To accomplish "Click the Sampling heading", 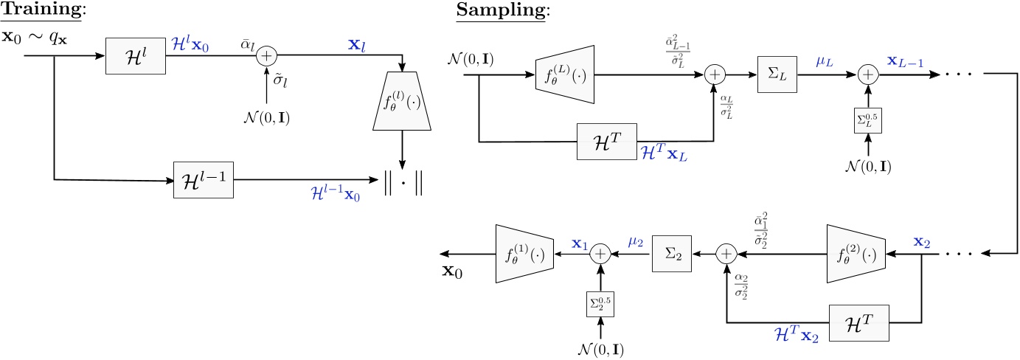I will (493, 11).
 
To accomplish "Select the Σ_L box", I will (777, 74).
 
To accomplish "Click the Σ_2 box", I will (670, 254).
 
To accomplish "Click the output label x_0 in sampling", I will (454, 271).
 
